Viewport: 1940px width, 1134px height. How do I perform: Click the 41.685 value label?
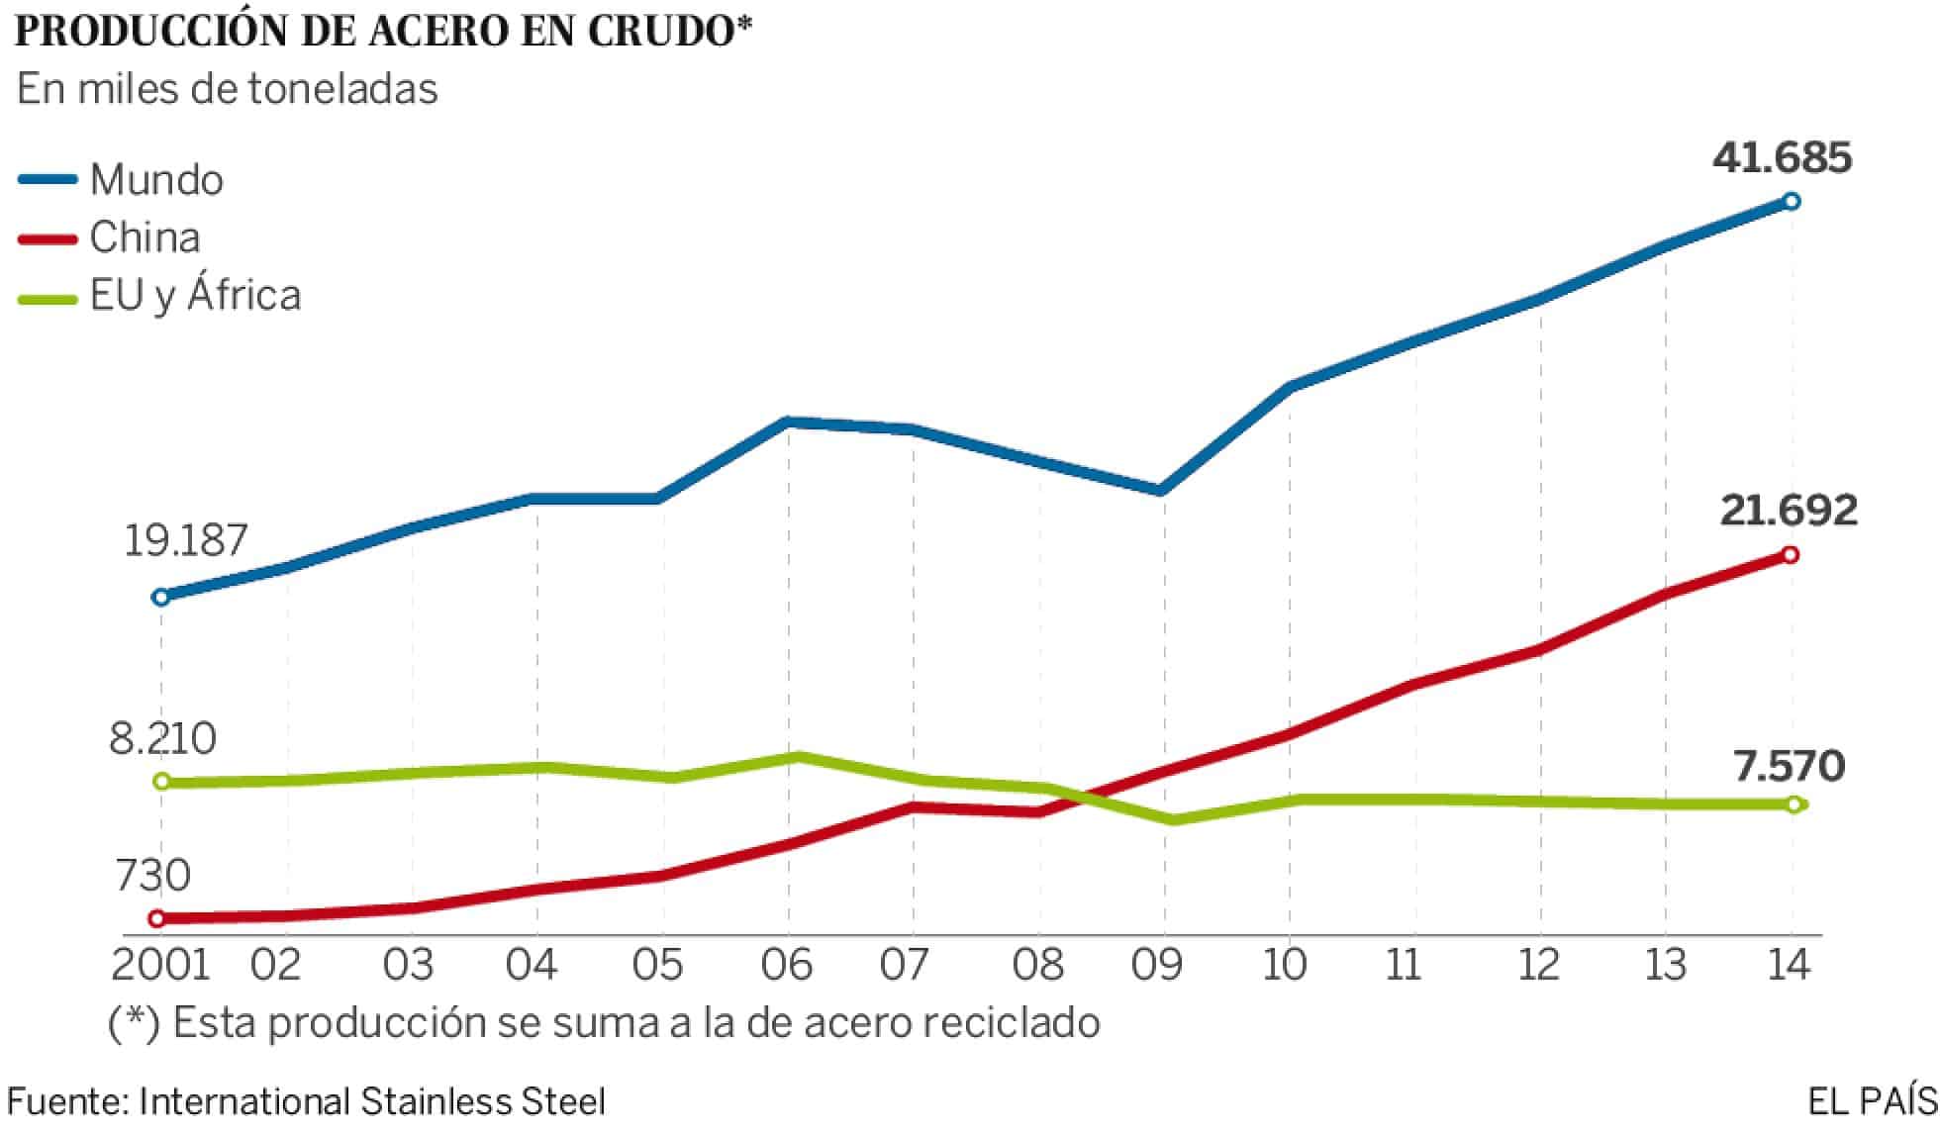[1782, 158]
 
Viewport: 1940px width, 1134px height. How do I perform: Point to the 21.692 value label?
[1789, 511]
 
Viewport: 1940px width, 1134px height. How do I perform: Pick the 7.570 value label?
[1789, 767]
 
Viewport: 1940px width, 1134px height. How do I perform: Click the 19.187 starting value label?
[185, 541]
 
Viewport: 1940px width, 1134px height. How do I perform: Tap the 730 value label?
[152, 876]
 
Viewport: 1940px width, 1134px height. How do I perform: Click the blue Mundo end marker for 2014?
[1791, 202]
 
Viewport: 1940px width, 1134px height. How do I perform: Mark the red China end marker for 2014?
[1790, 555]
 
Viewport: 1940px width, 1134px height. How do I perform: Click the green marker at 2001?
[162, 782]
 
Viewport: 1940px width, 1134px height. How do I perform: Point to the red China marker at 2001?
[156, 918]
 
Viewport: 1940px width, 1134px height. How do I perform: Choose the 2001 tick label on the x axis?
[160, 965]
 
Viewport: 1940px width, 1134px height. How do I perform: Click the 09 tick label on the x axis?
[1157, 965]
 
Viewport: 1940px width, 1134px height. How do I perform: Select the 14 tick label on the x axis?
[1788, 965]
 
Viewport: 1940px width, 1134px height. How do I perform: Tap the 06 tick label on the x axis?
[787, 965]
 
